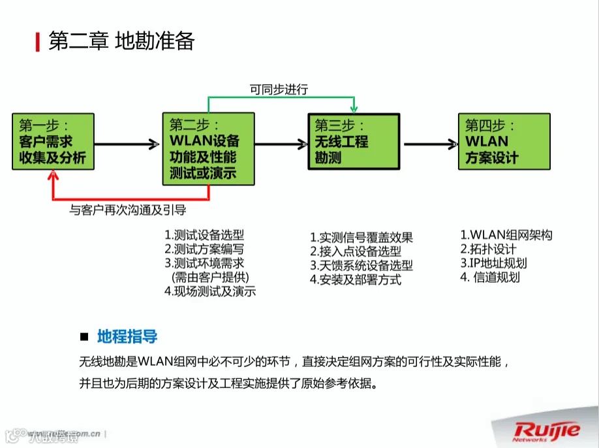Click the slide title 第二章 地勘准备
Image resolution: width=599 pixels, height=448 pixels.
[x=121, y=41]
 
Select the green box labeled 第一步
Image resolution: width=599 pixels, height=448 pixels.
[x=53, y=142]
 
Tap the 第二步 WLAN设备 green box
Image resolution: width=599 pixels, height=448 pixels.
[x=208, y=149]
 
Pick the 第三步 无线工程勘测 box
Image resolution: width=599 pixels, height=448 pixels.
[x=353, y=142]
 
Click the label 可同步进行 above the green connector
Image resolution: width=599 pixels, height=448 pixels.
[x=279, y=89]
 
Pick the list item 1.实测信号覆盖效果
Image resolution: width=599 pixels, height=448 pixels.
[x=361, y=237]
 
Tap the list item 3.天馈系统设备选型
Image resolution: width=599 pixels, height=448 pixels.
[x=361, y=265]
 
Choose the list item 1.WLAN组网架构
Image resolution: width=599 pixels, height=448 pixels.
[x=506, y=235]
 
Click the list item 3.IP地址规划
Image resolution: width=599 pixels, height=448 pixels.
[x=493, y=263]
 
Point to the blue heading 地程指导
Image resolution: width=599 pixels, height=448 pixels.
[x=127, y=337]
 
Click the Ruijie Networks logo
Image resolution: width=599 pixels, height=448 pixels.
[x=547, y=432]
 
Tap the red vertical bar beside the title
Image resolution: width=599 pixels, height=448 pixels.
[x=37, y=42]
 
